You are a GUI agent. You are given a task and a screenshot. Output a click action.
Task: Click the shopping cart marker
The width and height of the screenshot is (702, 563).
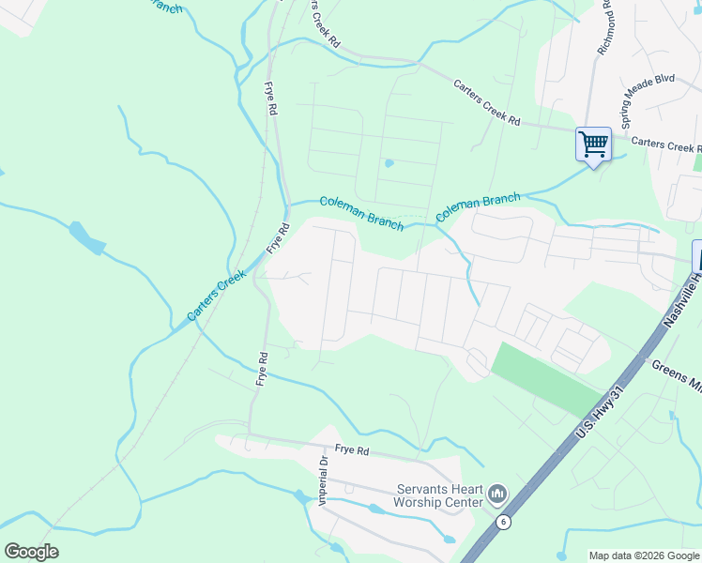point(593,145)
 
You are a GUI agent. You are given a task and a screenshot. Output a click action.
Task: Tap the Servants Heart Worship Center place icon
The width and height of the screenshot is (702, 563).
point(497,494)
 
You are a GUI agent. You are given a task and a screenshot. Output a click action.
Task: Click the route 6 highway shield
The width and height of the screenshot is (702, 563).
point(504,522)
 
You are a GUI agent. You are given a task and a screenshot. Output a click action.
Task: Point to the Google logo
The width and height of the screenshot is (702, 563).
point(31,552)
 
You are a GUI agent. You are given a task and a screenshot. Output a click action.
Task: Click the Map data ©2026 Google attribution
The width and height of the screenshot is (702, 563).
point(643,555)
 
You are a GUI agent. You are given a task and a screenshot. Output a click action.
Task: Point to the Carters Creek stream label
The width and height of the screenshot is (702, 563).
point(217,295)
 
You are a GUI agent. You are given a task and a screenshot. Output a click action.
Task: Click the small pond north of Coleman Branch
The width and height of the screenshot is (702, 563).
point(389,163)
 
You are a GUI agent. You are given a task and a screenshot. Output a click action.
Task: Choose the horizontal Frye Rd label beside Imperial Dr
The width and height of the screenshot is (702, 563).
point(349,450)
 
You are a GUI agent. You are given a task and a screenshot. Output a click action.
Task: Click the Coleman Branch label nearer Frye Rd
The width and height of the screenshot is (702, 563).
point(361,213)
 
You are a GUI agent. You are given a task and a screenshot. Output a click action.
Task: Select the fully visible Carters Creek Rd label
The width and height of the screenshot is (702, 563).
point(486,102)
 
